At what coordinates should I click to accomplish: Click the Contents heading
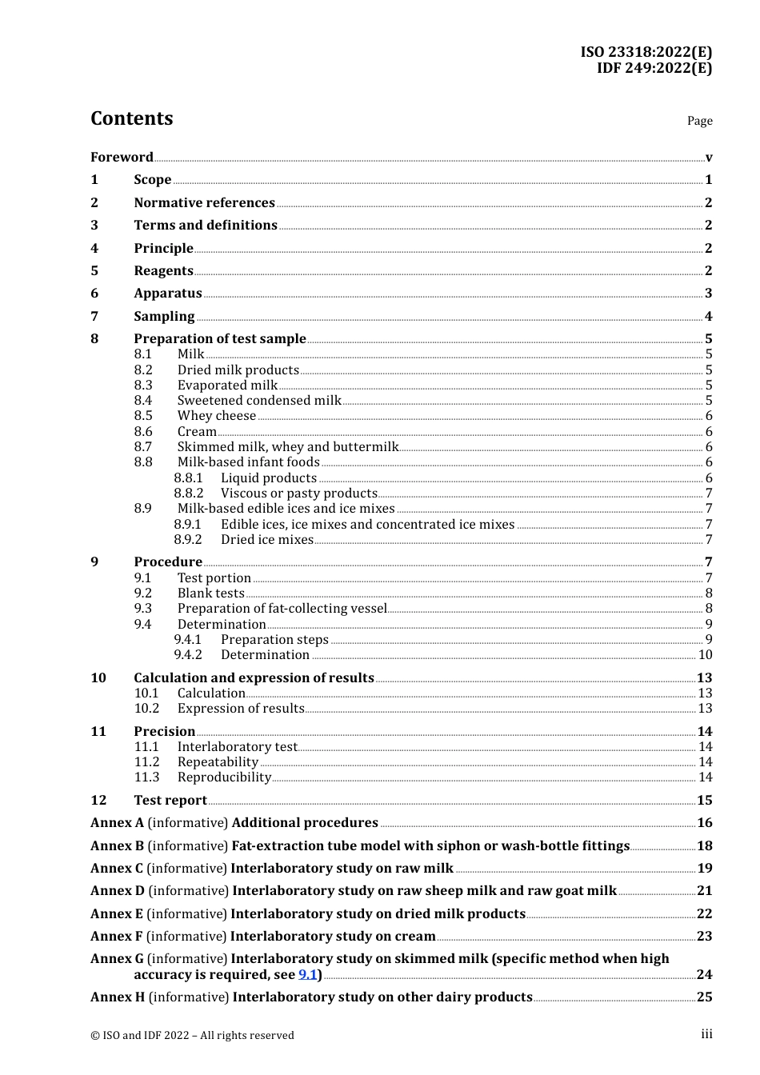[131, 118]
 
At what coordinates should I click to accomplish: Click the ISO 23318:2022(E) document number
[646, 52]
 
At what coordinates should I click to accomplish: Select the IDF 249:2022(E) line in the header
[654, 68]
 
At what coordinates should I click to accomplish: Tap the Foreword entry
[122, 157]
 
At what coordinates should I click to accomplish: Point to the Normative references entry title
[204, 202]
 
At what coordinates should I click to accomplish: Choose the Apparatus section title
[167, 294]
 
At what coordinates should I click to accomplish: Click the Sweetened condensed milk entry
[259, 401]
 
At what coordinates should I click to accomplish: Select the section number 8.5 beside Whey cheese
[143, 416]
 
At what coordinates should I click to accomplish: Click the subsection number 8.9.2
[188, 540]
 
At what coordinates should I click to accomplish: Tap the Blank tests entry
[210, 593]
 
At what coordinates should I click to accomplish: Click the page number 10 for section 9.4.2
[705, 655]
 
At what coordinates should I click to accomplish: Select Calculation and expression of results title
[254, 678]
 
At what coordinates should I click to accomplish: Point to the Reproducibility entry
[224, 777]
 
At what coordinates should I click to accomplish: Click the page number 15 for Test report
[704, 801]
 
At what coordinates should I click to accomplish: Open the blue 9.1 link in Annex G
[307, 975]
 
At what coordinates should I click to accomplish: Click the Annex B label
[117, 846]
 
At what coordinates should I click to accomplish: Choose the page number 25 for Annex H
[704, 997]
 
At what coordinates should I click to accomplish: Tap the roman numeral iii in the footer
[706, 1034]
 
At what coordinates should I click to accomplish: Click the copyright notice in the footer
[192, 1035]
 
